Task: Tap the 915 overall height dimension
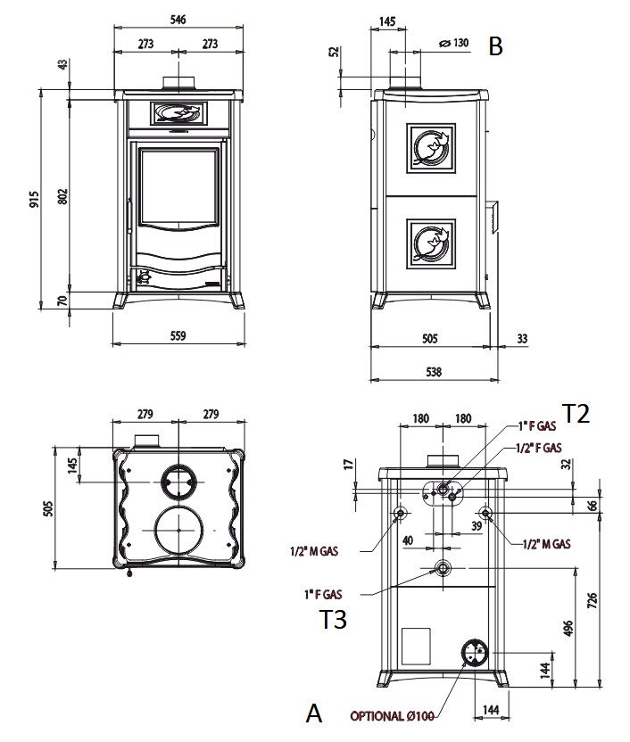pos(33,198)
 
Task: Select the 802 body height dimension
pos(62,196)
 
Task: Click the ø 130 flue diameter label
pos(455,44)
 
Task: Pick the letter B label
pos(496,46)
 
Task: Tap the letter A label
pos(312,713)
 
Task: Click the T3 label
pos(333,619)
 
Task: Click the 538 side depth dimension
pos(434,372)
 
